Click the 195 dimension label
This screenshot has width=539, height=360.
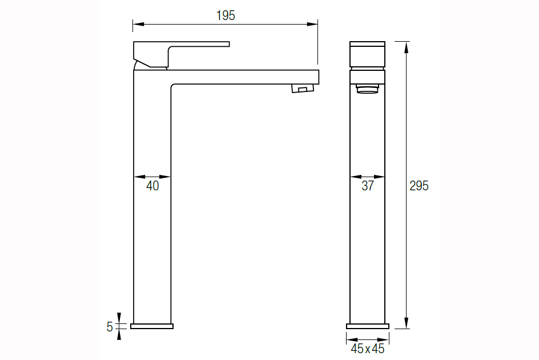tap(226, 15)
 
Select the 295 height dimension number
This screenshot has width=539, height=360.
tap(419, 186)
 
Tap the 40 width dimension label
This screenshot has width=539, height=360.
tap(152, 186)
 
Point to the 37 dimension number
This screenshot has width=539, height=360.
tap(368, 186)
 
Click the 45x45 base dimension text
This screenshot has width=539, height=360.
tap(368, 349)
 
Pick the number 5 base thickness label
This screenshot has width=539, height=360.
tap(110, 327)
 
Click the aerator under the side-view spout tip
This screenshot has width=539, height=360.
tap(303, 88)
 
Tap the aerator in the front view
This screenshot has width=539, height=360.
tap(368, 89)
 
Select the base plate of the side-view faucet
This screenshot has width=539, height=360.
tap(152, 326)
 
